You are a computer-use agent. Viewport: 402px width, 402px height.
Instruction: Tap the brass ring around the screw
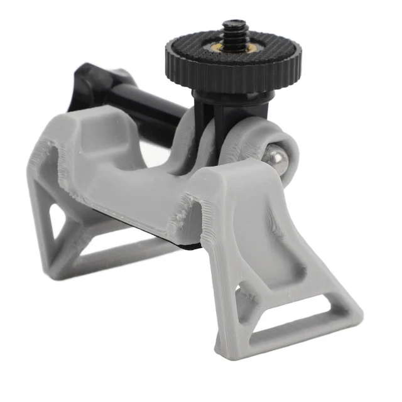pos(234,46)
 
